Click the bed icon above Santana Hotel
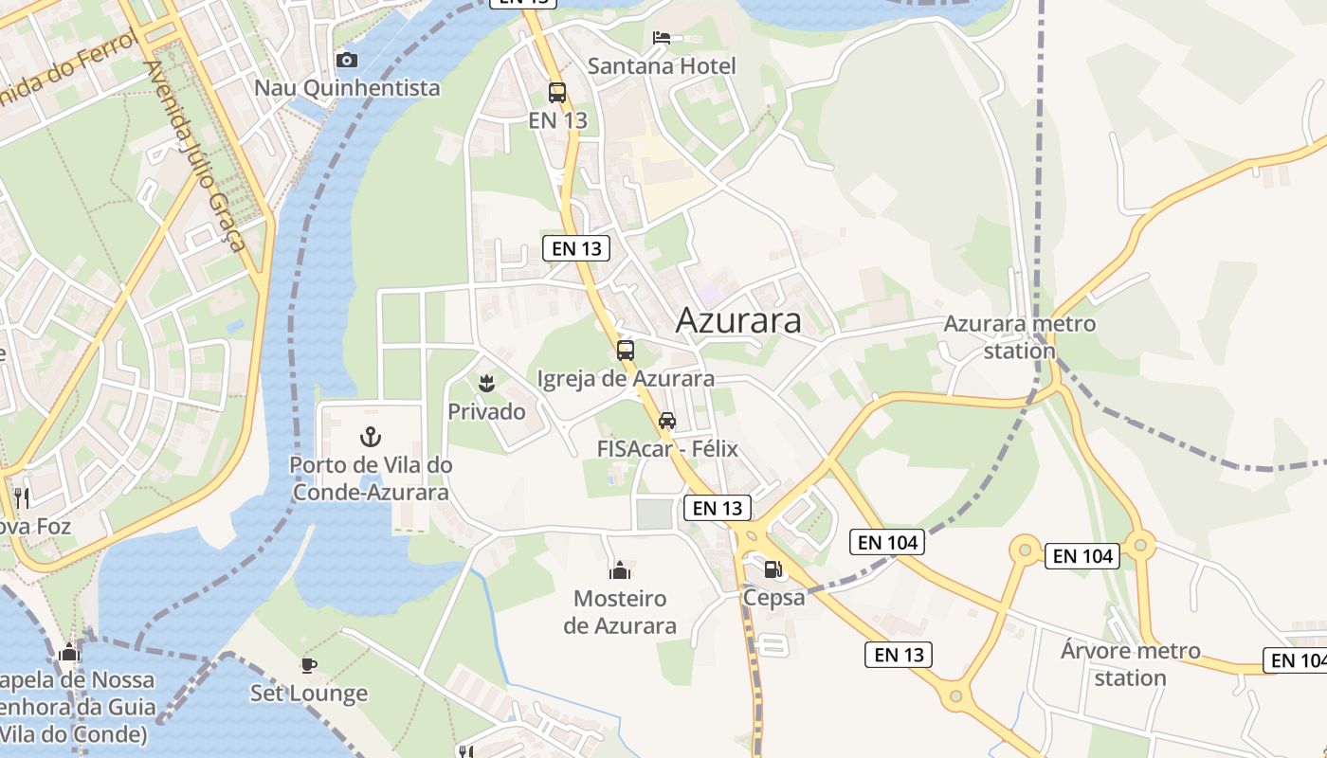tap(662, 38)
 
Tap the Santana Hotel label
tap(662, 66)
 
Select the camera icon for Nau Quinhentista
tap(347, 61)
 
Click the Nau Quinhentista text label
tap(347, 88)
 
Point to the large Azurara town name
tap(738, 321)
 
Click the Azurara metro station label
tap(1019, 336)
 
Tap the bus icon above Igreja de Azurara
tap(626, 351)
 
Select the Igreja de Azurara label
tap(626, 379)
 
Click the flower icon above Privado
tap(487, 384)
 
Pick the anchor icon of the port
tap(370, 437)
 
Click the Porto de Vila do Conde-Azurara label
tap(371, 478)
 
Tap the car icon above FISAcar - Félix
tap(667, 421)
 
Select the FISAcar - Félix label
tap(667, 448)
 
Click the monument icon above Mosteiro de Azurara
tap(620, 570)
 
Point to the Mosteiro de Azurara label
tap(620, 612)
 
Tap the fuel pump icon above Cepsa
tap(773, 569)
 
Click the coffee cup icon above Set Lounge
tap(309, 665)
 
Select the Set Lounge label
tap(309, 694)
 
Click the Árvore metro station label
tap(1130, 664)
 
